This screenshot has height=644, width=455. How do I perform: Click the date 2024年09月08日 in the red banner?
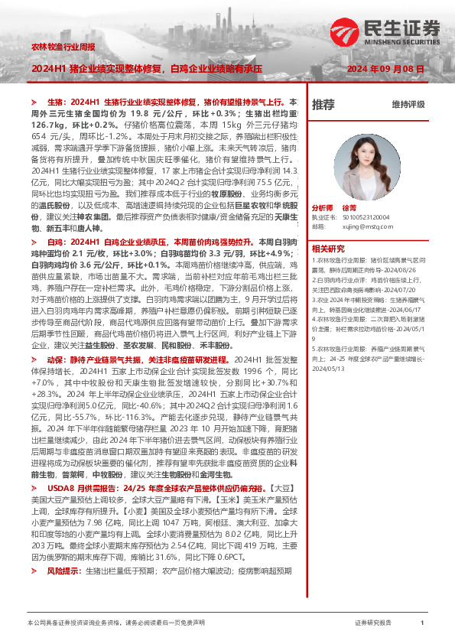tap(385, 68)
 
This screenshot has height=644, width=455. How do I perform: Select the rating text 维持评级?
tap(408, 104)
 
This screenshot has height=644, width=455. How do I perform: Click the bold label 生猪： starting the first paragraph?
tap(54, 101)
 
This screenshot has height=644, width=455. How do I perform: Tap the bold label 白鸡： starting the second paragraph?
tap(54, 242)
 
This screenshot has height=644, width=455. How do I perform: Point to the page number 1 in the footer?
tap(422, 623)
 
